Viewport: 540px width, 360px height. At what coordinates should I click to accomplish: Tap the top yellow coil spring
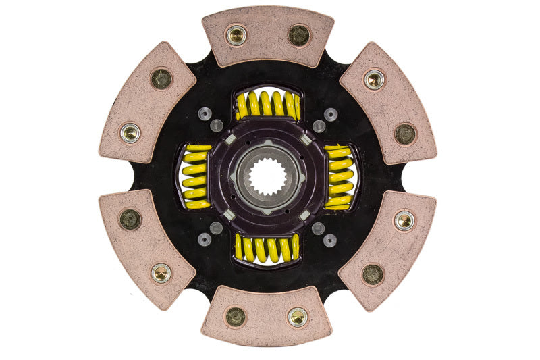tap(268, 105)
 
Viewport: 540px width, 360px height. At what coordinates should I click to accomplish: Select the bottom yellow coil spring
tap(267, 249)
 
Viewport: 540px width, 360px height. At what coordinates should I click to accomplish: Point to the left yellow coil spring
tap(196, 176)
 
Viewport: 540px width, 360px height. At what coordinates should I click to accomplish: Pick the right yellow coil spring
tap(340, 176)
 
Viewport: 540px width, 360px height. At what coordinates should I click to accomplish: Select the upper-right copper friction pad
tap(388, 101)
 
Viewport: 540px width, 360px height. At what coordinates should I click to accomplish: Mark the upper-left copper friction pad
tap(147, 103)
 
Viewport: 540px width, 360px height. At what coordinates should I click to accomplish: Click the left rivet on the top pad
tap(236, 35)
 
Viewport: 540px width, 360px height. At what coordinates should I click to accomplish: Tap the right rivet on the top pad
tap(298, 35)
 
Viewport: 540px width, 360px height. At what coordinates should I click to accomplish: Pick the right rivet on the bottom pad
tap(298, 316)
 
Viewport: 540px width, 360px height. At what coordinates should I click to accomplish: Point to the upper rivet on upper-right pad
tap(374, 80)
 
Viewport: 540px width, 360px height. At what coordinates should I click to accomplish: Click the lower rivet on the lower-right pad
tap(373, 274)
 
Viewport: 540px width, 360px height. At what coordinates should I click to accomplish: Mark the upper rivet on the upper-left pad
tap(161, 79)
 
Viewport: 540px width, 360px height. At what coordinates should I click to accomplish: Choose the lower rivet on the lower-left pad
tap(161, 273)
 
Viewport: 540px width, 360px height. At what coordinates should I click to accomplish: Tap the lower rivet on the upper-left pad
tap(130, 132)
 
